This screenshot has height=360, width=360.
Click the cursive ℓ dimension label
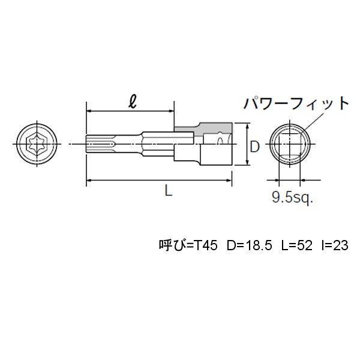pos(131,100)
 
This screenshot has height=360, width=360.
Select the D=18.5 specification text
pos(248,245)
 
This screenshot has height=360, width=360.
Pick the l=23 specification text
pos(333,245)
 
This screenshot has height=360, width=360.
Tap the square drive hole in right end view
pos(289,144)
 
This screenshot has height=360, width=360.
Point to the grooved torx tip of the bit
pos(99,144)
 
